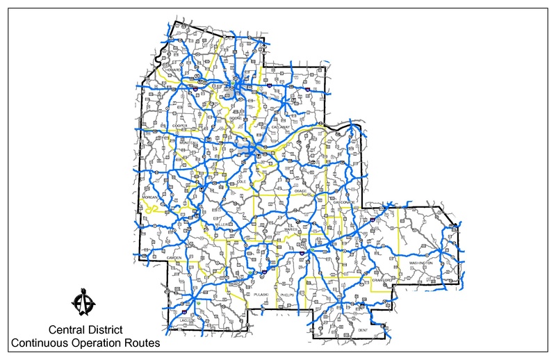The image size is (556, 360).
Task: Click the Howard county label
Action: click(173, 70)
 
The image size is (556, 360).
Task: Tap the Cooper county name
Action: click(161, 126)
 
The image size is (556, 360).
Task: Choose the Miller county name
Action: click(222, 226)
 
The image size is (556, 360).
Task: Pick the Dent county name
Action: click(363, 329)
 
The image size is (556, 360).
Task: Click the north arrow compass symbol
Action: click(84, 304)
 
